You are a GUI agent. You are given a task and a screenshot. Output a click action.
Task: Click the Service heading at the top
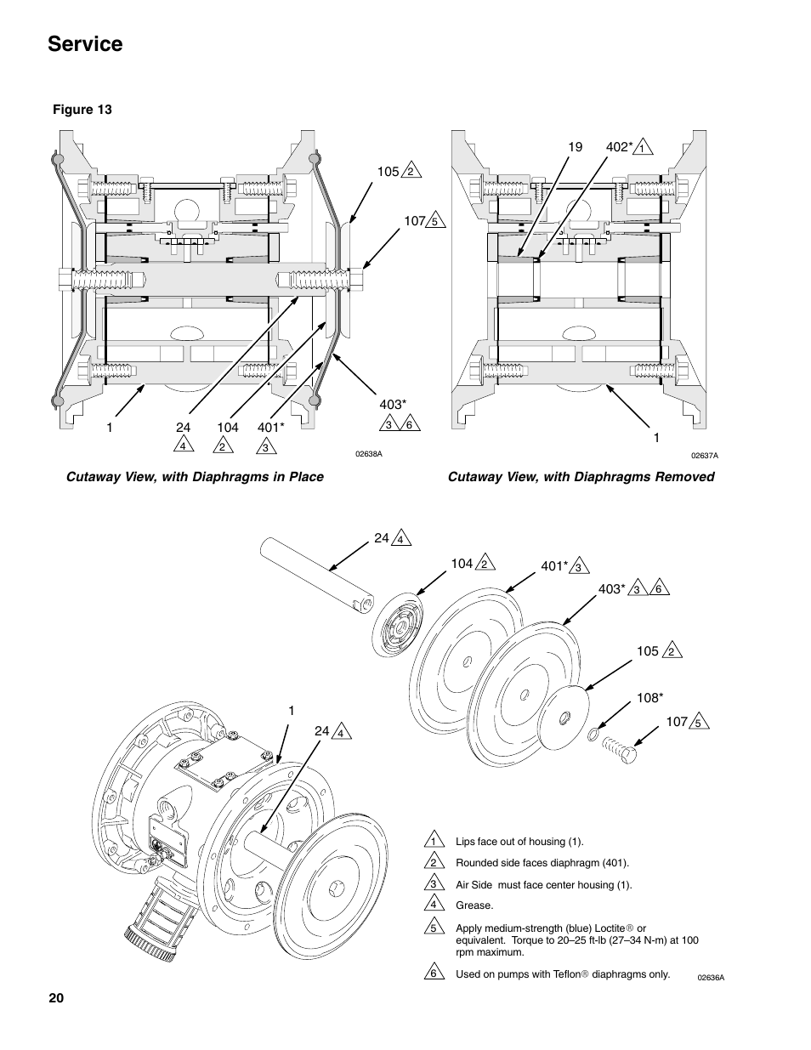click(85, 44)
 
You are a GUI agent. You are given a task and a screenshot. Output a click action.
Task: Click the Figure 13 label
click(82, 110)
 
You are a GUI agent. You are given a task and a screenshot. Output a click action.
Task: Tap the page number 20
click(56, 998)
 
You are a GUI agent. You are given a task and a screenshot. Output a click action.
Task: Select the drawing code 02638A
click(369, 454)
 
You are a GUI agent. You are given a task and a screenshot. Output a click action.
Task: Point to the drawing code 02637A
click(705, 455)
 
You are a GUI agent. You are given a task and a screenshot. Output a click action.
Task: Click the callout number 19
click(576, 147)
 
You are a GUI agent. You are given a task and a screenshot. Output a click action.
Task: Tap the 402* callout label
click(619, 147)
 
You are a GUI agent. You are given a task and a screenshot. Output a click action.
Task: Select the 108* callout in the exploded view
click(650, 698)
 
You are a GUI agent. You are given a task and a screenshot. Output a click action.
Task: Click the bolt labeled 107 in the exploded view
click(619, 749)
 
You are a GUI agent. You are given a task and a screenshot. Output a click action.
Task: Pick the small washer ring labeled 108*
click(593, 735)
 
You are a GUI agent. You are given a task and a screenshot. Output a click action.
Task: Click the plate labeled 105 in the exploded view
click(564, 718)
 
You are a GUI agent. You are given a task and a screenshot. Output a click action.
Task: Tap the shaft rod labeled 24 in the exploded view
click(317, 576)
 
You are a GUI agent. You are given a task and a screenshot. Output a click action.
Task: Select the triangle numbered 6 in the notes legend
click(434, 972)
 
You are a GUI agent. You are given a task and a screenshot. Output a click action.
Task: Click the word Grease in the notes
click(474, 905)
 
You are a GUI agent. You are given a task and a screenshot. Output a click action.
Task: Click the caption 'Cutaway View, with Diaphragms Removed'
click(581, 477)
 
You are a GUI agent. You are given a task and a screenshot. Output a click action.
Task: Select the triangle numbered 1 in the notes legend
click(434, 840)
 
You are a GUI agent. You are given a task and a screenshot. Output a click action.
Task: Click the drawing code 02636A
click(711, 978)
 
